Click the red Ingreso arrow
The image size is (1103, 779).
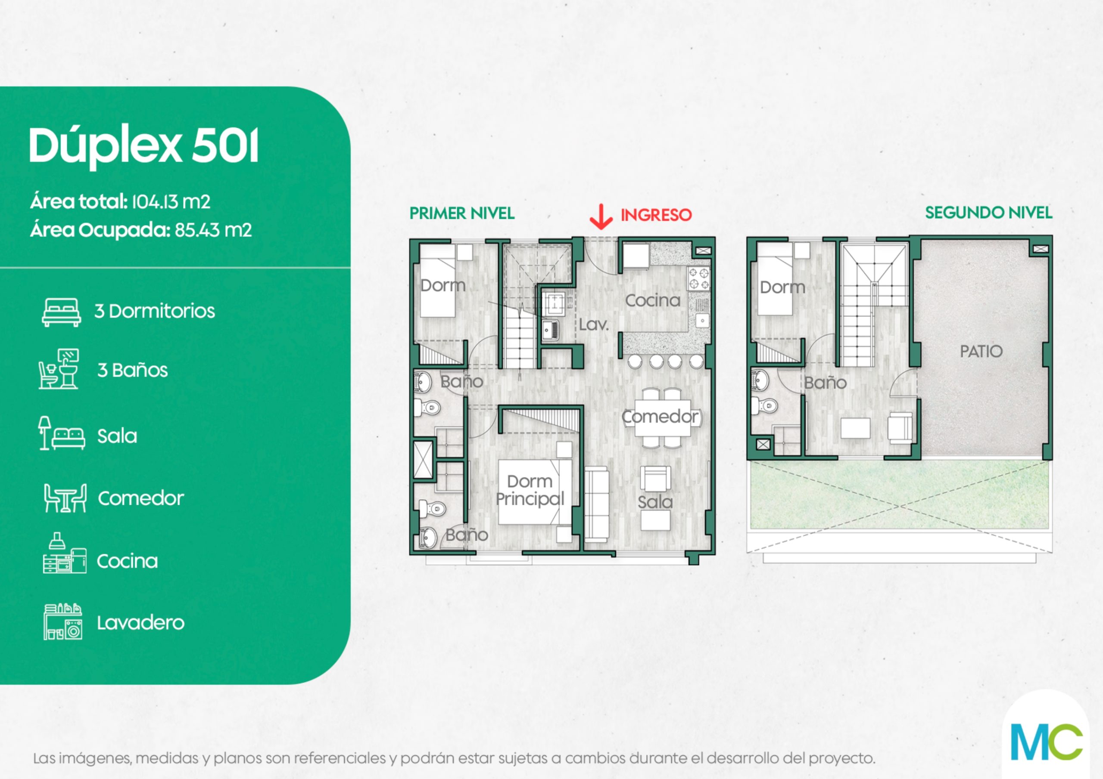601,216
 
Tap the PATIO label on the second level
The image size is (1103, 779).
981,351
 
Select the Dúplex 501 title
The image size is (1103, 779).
143,146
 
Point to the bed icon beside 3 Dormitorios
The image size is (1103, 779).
61,312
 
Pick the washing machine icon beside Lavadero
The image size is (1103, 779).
63,621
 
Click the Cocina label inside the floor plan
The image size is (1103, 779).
652,300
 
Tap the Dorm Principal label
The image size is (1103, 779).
530,490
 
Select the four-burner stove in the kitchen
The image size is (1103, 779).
698,279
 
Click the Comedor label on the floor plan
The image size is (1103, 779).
661,417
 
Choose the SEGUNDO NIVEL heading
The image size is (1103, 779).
989,213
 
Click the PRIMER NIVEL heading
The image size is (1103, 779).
461,213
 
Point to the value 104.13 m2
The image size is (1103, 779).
171,201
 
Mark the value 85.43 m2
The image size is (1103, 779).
213,230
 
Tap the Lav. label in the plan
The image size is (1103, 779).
594,325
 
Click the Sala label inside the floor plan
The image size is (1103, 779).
655,502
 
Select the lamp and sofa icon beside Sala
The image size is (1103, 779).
62,433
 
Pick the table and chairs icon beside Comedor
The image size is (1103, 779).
65,498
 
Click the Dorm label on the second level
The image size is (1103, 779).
782,287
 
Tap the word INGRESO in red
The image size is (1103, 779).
656,215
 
